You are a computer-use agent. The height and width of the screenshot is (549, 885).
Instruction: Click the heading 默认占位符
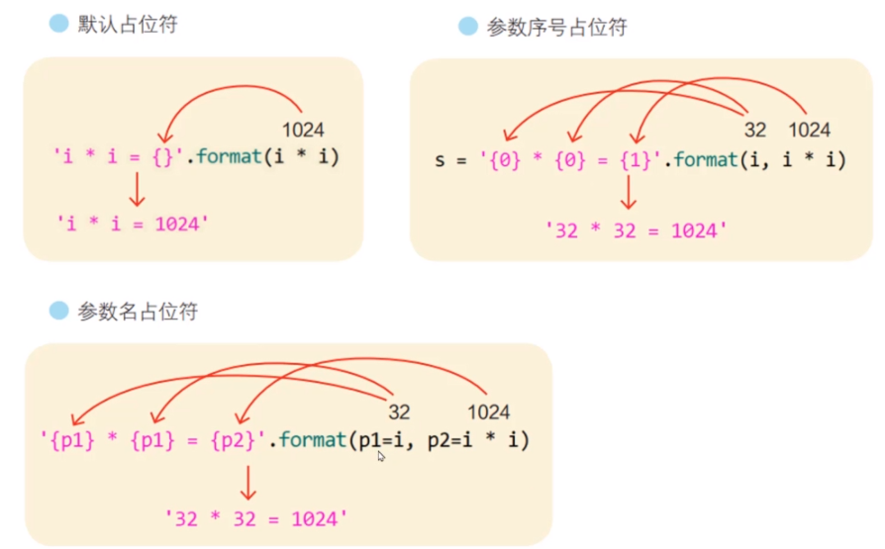(127, 25)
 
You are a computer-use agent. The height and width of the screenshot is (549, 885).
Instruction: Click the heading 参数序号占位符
(556, 27)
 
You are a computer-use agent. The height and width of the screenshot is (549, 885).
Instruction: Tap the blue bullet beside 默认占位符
(59, 24)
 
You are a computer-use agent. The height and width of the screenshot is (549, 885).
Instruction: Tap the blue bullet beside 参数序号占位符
(468, 27)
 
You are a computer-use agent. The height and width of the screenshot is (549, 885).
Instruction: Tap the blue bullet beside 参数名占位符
(59, 311)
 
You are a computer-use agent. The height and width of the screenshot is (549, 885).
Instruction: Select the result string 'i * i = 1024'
(132, 224)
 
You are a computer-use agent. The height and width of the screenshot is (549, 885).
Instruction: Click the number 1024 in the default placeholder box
(303, 130)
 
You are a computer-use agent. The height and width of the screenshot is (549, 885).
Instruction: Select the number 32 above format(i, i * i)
(755, 130)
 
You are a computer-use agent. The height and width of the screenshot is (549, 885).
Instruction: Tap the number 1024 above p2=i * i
(488, 412)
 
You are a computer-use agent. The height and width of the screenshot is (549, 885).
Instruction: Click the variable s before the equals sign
(441, 158)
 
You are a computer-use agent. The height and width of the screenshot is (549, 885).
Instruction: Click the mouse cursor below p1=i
(381, 457)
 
